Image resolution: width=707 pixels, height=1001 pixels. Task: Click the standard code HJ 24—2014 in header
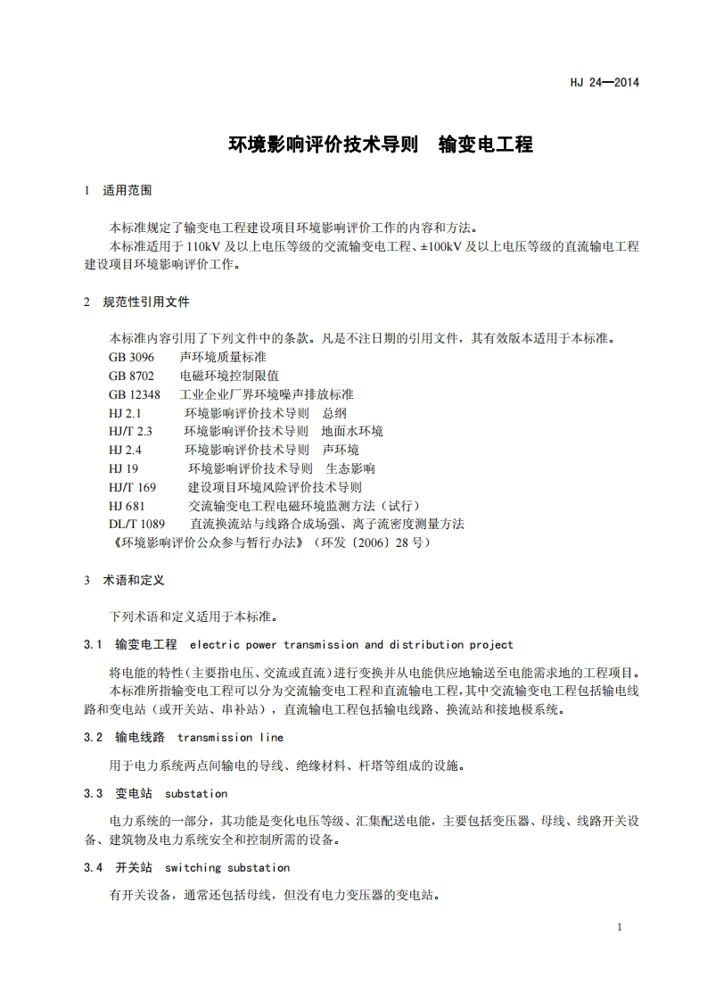[x=604, y=83]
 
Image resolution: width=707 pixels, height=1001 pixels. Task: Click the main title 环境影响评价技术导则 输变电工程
[x=381, y=145]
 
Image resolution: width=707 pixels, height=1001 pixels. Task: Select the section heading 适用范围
[x=127, y=190]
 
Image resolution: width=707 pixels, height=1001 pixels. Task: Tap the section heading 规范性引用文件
[x=146, y=302]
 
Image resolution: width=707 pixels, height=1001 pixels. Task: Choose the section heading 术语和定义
[x=134, y=580]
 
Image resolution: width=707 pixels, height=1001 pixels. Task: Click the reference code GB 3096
[x=131, y=357]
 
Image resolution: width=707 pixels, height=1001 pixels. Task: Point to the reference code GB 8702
[x=131, y=376]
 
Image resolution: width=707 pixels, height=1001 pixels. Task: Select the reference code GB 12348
[x=135, y=394]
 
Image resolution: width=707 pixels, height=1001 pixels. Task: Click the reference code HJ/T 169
[x=132, y=487]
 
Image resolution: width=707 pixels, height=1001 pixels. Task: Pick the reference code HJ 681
[x=127, y=506]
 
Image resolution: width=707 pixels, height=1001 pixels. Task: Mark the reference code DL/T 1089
[x=136, y=524]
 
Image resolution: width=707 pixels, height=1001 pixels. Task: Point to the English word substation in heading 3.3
[x=196, y=793]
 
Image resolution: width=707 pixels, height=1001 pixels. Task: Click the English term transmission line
[x=230, y=738]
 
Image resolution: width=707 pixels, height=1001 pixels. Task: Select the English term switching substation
[x=227, y=867]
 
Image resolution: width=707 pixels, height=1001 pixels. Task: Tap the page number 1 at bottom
[x=619, y=927]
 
